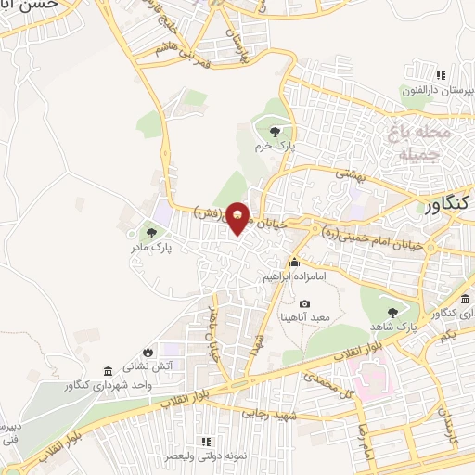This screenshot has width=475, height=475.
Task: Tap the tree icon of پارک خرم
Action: [274, 131]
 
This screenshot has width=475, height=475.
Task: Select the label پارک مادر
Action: [149, 248]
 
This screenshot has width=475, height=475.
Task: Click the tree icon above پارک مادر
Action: [151, 232]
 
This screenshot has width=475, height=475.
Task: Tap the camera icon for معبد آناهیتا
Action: [304, 303]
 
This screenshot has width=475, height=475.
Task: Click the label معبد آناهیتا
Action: [305, 317]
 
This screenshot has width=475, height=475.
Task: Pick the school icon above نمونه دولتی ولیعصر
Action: [206, 443]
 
